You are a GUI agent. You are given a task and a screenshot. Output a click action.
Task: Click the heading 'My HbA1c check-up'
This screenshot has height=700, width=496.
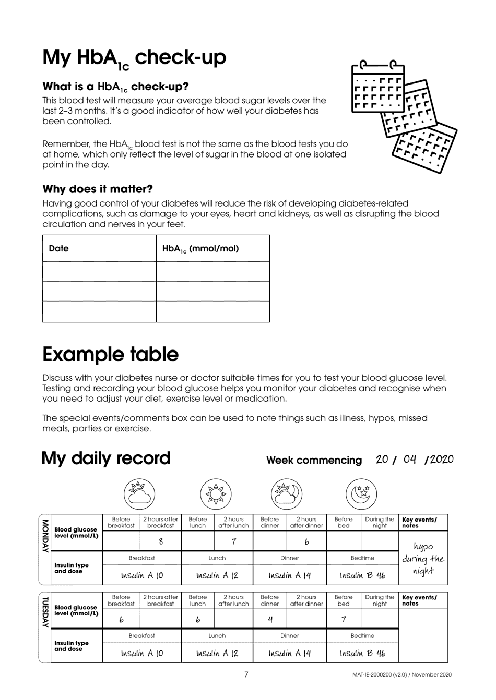coord(134,58)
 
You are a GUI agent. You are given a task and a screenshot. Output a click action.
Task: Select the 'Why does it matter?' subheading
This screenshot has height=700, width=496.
coord(98,189)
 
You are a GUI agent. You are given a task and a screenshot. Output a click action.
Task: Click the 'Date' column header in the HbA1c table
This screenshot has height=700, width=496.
coord(58,248)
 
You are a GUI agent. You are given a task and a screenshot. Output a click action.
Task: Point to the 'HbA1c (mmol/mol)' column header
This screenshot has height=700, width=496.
coord(200,248)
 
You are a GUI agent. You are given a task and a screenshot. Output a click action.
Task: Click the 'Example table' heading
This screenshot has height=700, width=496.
coord(110,354)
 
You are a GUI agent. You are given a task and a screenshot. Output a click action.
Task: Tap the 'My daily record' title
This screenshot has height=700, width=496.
coord(105,458)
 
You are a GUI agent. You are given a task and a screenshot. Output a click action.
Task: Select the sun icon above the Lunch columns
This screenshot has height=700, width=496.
coord(217,493)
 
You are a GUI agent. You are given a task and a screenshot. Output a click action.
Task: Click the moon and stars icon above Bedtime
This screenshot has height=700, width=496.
coord(361,493)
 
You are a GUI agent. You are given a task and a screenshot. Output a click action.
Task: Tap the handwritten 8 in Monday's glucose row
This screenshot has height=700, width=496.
coord(161,541)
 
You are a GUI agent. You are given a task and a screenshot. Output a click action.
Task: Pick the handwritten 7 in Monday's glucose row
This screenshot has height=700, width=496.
coord(233,541)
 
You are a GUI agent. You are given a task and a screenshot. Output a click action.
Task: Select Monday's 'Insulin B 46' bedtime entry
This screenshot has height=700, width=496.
coord(362,576)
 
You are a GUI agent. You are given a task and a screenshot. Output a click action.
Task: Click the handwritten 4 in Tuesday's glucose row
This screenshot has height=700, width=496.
coord(269,619)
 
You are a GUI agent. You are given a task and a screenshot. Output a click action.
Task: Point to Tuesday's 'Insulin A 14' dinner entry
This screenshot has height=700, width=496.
coord(290,653)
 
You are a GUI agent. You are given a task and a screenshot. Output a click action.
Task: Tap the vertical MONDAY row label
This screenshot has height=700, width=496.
coord(44,535)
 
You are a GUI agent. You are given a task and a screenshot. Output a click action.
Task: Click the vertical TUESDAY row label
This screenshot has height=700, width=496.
coord(44,613)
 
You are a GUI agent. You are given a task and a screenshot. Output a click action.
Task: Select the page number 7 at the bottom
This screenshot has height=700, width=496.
coord(246,674)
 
